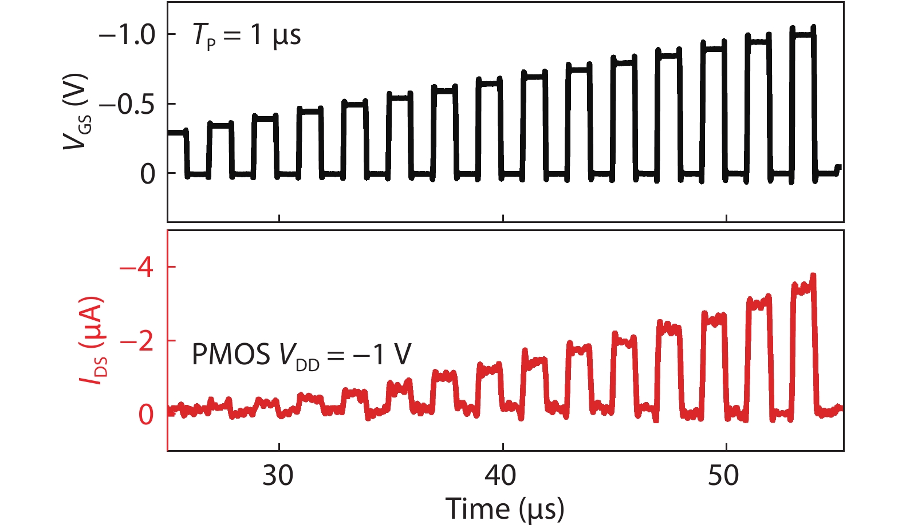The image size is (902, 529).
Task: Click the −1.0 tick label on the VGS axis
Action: click(x=127, y=35)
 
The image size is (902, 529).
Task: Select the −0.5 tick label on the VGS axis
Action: click(x=127, y=105)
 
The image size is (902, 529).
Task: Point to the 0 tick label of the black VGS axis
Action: click(x=148, y=174)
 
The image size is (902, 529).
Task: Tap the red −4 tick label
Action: click(x=137, y=268)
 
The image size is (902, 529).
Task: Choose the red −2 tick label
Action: click(x=137, y=341)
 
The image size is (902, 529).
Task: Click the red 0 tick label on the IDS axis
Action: click(x=147, y=415)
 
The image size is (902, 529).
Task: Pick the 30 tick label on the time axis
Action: click(x=278, y=475)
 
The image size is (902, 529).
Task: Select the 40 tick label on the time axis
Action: click(x=502, y=475)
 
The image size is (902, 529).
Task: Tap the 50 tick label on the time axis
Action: click(x=724, y=475)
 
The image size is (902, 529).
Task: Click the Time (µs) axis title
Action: click(x=505, y=508)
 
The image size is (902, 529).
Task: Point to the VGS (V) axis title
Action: click(x=76, y=112)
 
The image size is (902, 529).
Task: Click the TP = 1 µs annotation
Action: click(x=246, y=36)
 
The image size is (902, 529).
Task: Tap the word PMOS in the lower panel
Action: click(x=230, y=355)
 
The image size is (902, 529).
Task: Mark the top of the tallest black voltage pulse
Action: click(x=802, y=35)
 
